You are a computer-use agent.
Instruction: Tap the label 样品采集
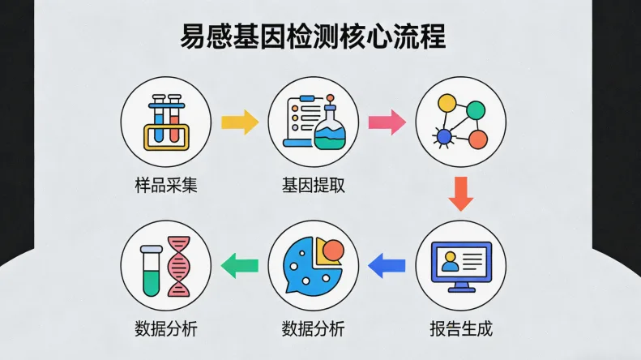click(x=166, y=185)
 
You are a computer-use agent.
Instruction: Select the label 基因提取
click(x=314, y=185)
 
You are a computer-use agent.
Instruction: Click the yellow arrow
click(x=240, y=122)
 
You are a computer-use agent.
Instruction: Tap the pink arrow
click(x=387, y=122)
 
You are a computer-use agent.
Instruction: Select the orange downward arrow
click(x=461, y=194)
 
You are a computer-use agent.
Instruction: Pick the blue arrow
click(x=387, y=263)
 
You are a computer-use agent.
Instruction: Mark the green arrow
click(x=240, y=263)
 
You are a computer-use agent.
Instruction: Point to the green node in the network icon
click(x=476, y=109)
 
